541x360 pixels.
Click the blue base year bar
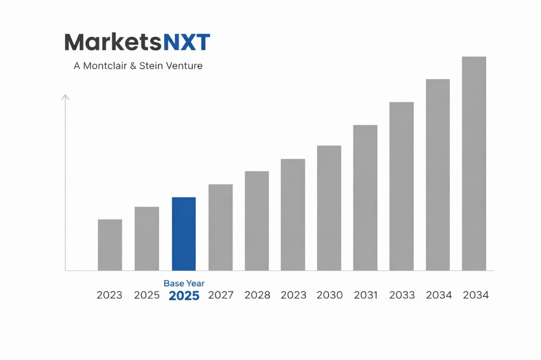point(184,234)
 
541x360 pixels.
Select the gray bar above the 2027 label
point(220,227)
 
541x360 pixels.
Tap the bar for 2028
point(257,221)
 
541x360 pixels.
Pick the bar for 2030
point(329,208)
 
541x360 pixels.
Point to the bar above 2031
point(365,197)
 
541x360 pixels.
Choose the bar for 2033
point(402,186)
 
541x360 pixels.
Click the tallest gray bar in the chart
point(474,164)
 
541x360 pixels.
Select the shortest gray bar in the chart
point(110,245)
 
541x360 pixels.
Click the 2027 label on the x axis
point(221,295)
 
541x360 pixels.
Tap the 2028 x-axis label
point(257,295)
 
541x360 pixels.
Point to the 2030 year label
point(330,295)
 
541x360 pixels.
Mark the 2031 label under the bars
point(366,295)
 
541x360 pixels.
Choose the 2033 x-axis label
point(402,295)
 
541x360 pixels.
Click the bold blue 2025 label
point(184,296)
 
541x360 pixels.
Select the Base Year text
point(184,283)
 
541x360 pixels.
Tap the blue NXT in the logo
point(187,42)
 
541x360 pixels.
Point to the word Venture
point(184,67)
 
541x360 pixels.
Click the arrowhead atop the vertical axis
point(66,97)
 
